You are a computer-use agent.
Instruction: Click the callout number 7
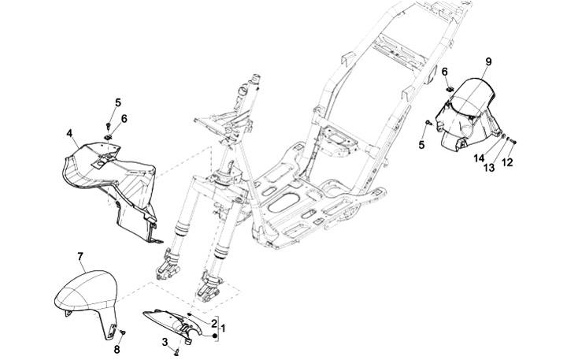80,257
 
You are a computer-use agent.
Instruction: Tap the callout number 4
70,133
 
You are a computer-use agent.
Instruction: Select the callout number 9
488,61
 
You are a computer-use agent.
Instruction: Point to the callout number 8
117,349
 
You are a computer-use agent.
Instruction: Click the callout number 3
165,341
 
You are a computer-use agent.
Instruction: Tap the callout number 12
508,162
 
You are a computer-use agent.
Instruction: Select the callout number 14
477,158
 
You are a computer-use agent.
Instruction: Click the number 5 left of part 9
421,145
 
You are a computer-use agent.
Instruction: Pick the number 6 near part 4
124,118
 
